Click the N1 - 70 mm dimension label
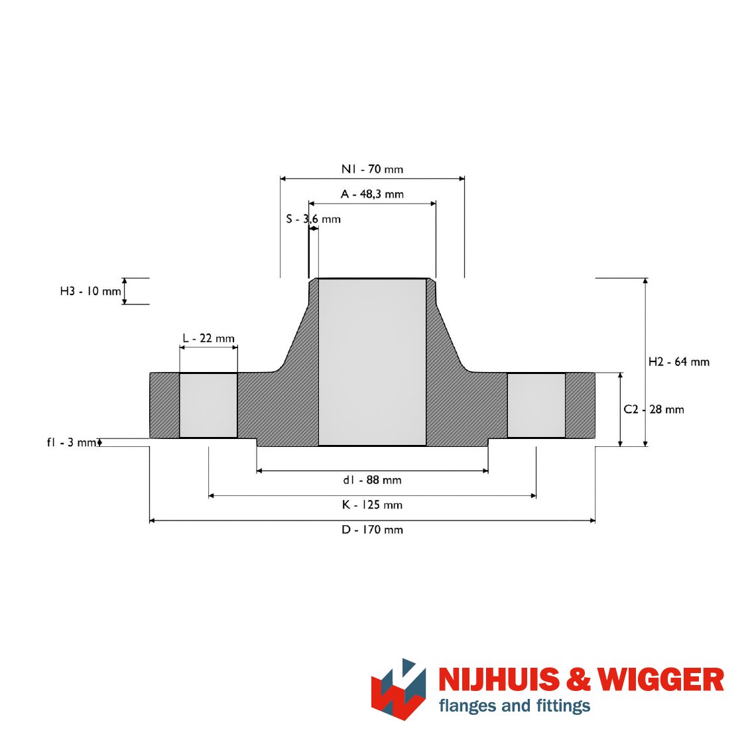(372, 169)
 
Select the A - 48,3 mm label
(372, 194)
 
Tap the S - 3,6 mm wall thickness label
(313, 219)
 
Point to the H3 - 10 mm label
(90, 291)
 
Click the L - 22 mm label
(208, 338)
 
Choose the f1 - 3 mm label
(72, 442)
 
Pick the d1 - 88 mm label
(372, 480)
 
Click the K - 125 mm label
(372, 505)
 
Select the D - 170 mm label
(372, 530)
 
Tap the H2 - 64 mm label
(679, 362)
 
